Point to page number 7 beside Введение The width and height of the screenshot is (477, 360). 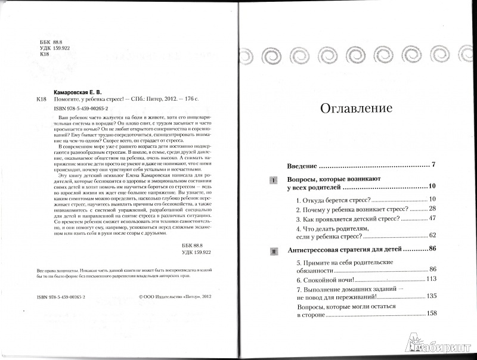[435, 164]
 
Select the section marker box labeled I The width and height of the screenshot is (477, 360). [274, 180]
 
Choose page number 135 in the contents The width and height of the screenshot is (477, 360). [432, 296]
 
